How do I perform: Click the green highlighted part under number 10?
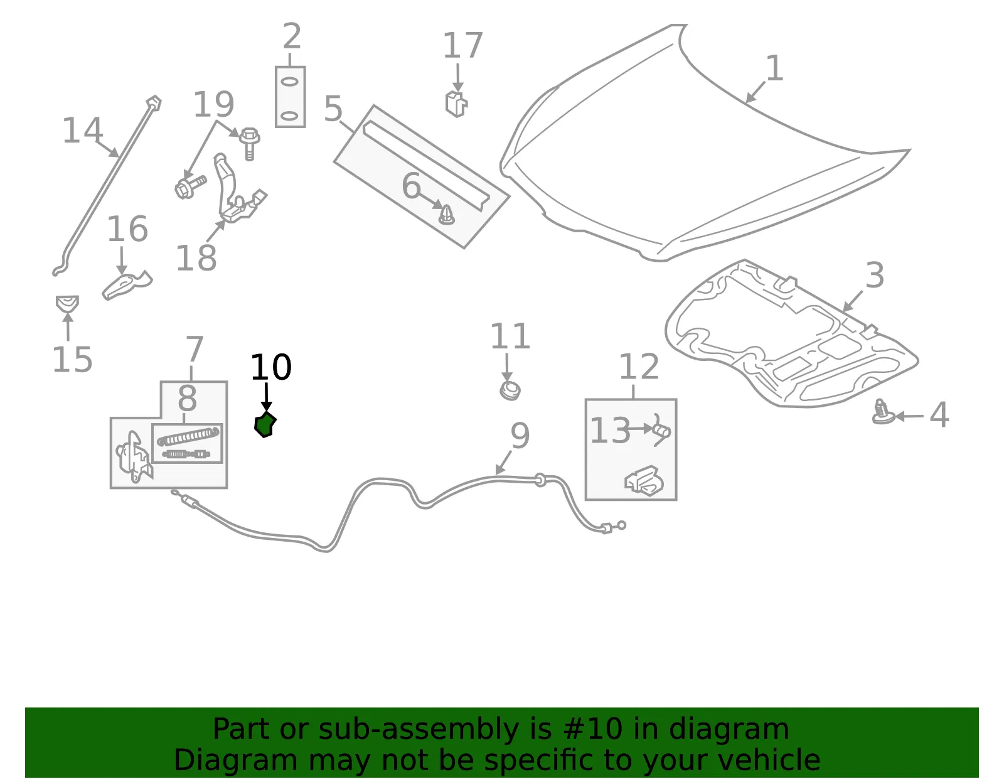[265, 425]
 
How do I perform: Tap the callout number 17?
[462, 45]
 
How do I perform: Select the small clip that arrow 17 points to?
[456, 104]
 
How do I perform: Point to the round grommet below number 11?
[510, 391]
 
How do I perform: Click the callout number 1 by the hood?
[774, 68]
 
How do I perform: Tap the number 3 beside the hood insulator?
[875, 276]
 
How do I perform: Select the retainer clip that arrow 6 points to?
[446, 215]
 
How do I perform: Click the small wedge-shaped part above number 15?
[68, 304]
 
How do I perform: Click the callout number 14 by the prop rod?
[82, 130]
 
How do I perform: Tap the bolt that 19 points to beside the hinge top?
[250, 142]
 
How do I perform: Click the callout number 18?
[196, 258]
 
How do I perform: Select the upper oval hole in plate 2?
[290, 82]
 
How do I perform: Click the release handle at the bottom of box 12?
[644, 481]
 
